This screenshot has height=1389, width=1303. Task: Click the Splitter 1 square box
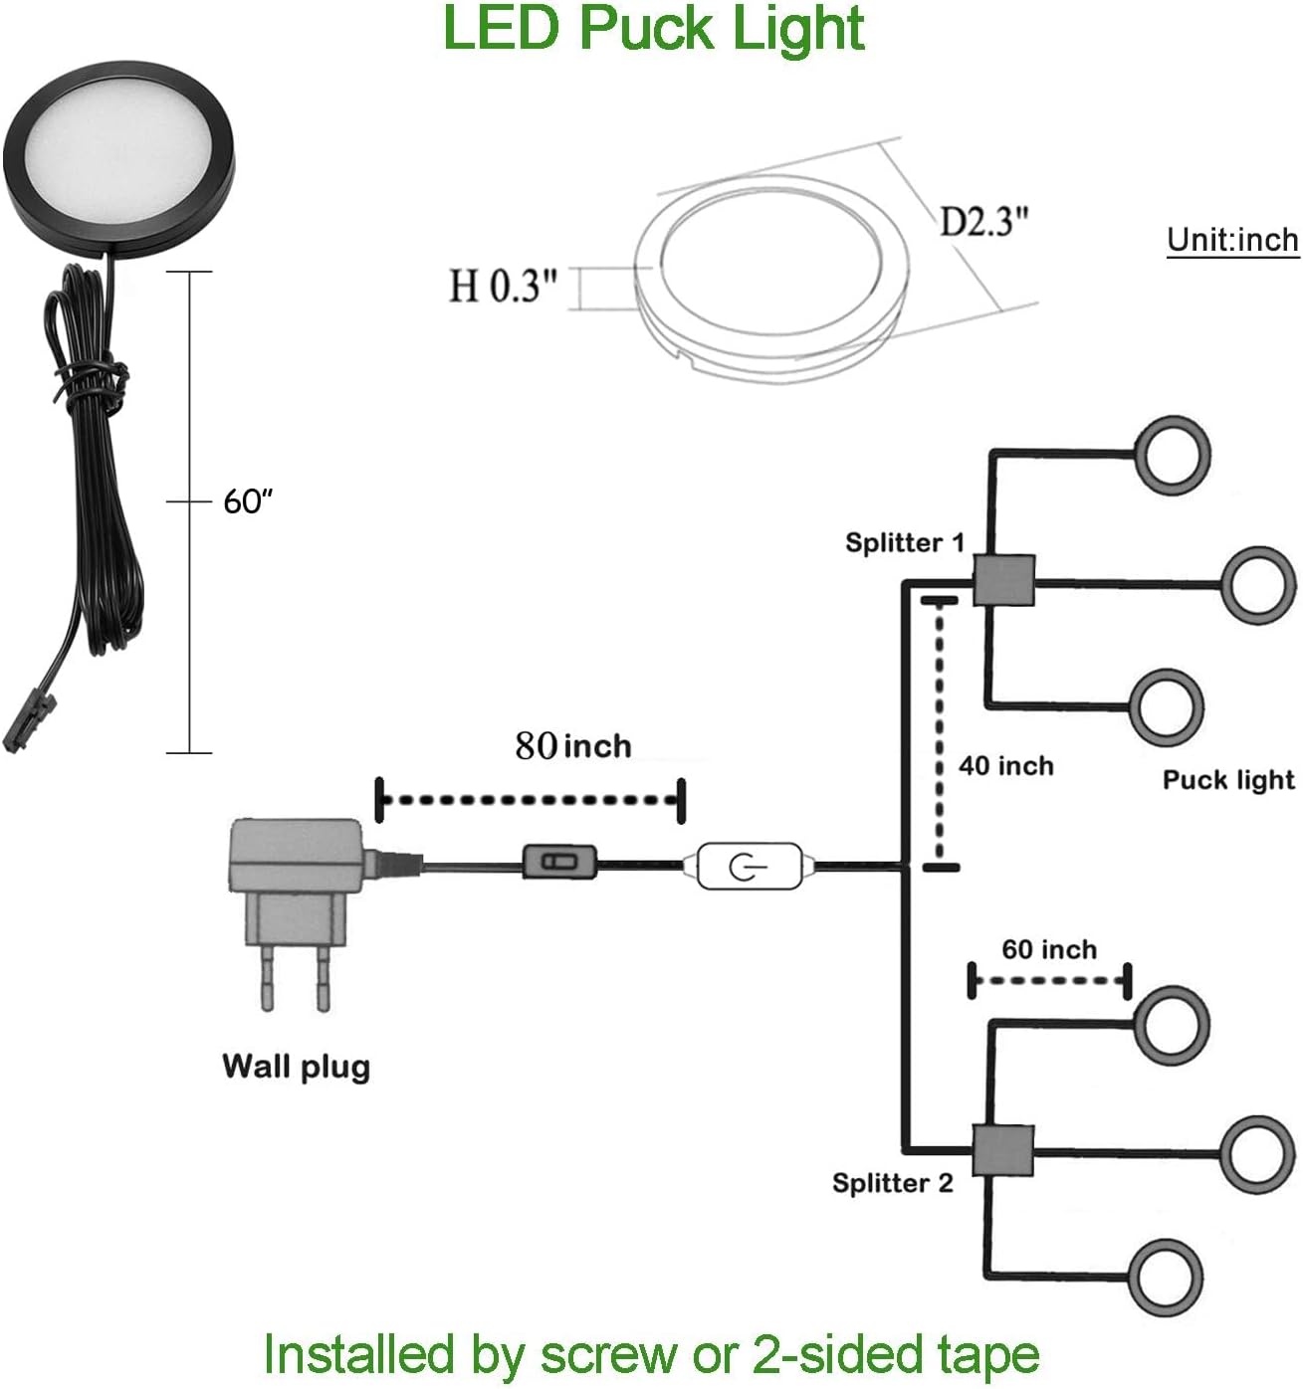[1003, 579]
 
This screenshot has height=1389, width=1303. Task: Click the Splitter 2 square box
[1003, 1150]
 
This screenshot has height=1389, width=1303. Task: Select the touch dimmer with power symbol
[749, 867]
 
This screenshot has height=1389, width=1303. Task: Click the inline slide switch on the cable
[559, 861]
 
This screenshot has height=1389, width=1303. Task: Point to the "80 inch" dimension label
[573, 746]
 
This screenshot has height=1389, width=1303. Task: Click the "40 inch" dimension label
[1005, 766]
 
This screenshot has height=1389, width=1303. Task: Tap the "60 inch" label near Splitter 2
[1049, 949]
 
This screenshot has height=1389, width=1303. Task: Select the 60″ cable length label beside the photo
[247, 501]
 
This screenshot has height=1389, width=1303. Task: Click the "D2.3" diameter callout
[983, 221]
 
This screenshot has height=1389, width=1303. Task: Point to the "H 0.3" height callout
[503, 287]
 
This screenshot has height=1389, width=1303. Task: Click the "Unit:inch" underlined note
[1232, 240]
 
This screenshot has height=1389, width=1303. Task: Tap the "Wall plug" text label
[296, 1067]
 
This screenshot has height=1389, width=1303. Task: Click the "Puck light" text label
[1228, 780]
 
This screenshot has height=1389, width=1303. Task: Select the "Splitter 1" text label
[904, 542]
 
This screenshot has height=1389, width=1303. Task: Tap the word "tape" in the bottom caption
[988, 1354]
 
